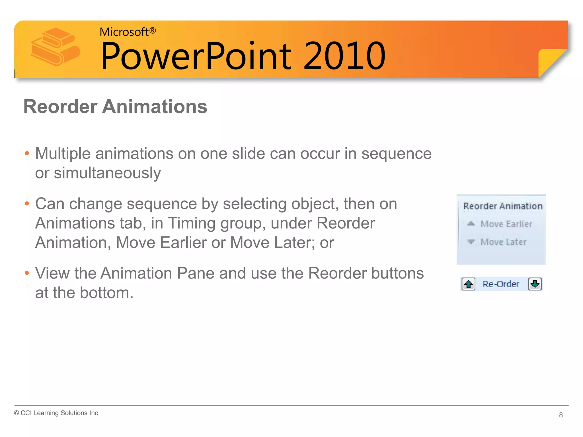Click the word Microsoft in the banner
pyautogui.click(x=124, y=32)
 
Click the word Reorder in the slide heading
pyautogui.click(x=60, y=107)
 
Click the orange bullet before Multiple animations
pyautogui.click(x=27, y=154)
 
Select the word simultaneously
pyautogui.click(x=107, y=173)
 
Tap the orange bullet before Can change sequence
pyautogui.click(x=27, y=204)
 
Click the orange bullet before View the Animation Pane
pyautogui.click(x=27, y=273)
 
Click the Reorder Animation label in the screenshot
pyautogui.click(x=503, y=206)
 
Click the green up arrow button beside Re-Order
pyautogui.click(x=468, y=284)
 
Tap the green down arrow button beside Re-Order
pyautogui.click(x=535, y=284)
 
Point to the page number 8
pyautogui.click(x=561, y=415)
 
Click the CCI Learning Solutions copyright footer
pyautogui.click(x=57, y=413)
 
